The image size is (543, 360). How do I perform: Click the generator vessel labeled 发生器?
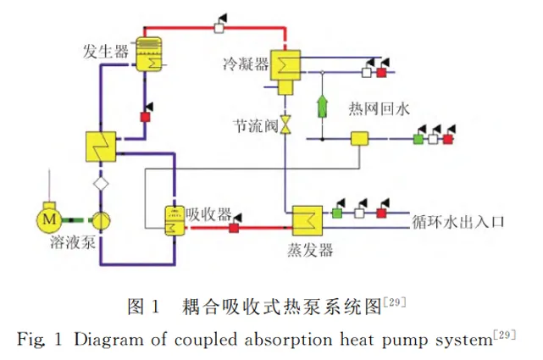pyautogui.click(x=148, y=54)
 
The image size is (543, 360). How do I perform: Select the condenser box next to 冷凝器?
pyautogui.click(x=285, y=65)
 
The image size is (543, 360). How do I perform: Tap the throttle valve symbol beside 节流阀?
pyautogui.click(x=285, y=125)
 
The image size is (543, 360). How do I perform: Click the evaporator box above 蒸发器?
pyautogui.click(x=308, y=221)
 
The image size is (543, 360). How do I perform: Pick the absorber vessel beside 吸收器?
pyautogui.click(x=175, y=221)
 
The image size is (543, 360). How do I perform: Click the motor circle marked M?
pyautogui.click(x=49, y=219)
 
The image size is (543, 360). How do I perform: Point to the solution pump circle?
pyautogui.click(x=101, y=220)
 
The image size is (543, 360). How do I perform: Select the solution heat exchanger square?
pyautogui.click(x=101, y=147)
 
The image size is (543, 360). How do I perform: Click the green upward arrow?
pyautogui.click(x=323, y=106)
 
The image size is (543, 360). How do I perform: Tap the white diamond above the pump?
pyautogui.click(x=101, y=184)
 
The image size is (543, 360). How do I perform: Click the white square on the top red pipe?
pyautogui.click(x=219, y=27)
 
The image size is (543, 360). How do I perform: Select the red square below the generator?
pyautogui.click(x=145, y=117)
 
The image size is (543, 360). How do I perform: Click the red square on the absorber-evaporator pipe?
pyautogui.click(x=234, y=228)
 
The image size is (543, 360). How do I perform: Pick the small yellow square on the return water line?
pyautogui.click(x=359, y=138)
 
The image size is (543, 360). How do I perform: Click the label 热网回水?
pyautogui.click(x=379, y=109)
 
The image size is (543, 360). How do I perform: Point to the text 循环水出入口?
pyautogui.click(x=457, y=222)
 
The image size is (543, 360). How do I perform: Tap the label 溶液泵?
pyautogui.click(x=73, y=242)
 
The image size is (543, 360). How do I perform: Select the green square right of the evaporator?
pyautogui.click(x=337, y=213)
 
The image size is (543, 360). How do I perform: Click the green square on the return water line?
pyautogui.click(x=418, y=139)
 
